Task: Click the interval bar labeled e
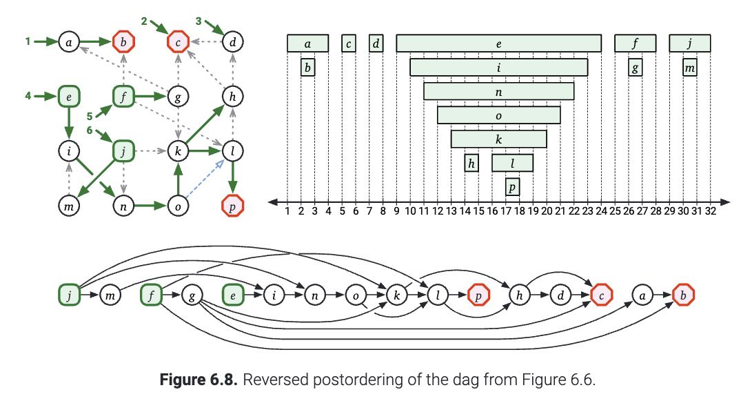point(498,43)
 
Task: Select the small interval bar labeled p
point(512,186)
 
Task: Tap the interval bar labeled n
point(498,91)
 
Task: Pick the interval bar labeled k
point(498,139)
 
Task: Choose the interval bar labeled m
point(690,67)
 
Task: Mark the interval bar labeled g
point(636,67)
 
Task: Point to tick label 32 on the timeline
point(711,212)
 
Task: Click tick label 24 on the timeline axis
point(601,212)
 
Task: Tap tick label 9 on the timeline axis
point(396,212)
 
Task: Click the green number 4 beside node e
point(28,96)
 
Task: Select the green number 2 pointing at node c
point(144,21)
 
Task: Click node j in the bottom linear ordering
point(68,295)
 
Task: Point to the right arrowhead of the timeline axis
point(726,202)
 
